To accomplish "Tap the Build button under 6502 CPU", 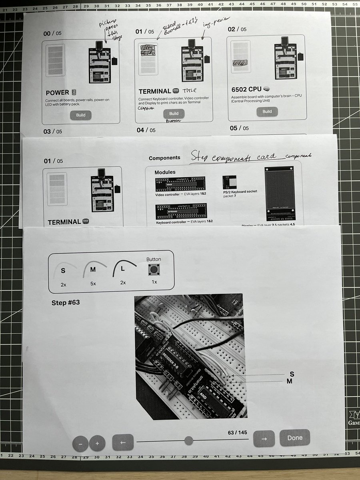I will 267,112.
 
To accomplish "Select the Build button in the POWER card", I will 81,115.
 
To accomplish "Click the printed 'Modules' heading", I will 165,172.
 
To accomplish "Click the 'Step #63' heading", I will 66,302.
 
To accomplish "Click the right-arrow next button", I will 264,438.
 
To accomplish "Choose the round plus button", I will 97,443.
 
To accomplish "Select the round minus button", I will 80,444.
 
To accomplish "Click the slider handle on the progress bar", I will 189,441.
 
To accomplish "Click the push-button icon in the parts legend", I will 154,270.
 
